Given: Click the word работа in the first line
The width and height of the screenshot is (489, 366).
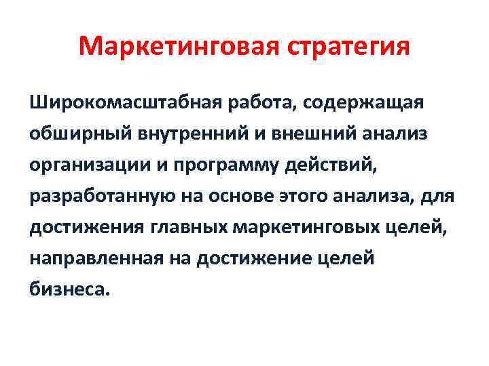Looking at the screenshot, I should pyautogui.click(x=253, y=103).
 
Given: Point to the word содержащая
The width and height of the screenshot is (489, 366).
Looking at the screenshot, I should pyautogui.click(x=364, y=103).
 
